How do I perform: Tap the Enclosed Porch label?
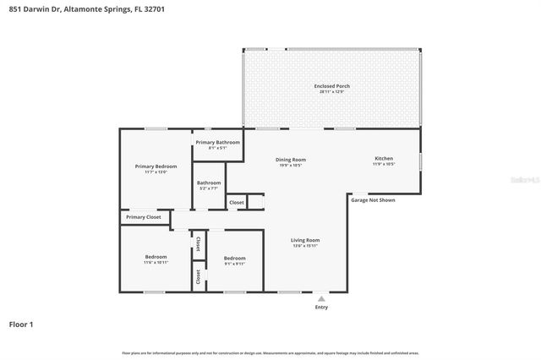coord(331,86)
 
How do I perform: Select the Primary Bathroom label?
coord(218,142)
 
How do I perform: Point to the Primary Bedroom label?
coord(156,166)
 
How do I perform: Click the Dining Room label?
coord(291,159)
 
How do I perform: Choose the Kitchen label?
coord(384,159)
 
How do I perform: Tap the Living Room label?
coord(305,240)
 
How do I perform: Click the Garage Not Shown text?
coord(373,200)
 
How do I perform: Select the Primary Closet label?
coord(143,217)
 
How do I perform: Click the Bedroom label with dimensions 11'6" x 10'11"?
coord(156,256)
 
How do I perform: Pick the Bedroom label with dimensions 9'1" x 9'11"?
coord(234,258)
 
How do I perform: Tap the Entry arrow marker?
coord(320,298)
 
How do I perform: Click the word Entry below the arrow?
coord(320,307)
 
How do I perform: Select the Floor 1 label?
coord(21,324)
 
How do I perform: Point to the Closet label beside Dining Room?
coord(237,202)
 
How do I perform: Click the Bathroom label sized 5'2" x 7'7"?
coord(209,183)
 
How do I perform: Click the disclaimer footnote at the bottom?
coord(270,352)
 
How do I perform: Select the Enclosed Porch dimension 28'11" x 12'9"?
coord(331,92)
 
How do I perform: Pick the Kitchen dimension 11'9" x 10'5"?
coord(384,165)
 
